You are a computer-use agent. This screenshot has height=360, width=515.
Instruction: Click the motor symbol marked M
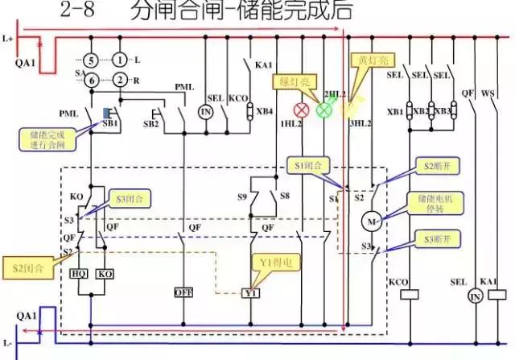pyautogui.click(x=372, y=219)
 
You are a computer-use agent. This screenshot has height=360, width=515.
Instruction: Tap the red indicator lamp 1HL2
pyautogui.click(x=304, y=110)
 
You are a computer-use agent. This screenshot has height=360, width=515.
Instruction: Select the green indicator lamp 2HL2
pyautogui.click(x=324, y=110)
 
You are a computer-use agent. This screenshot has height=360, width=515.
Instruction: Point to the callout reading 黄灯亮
pyautogui.click(x=371, y=60)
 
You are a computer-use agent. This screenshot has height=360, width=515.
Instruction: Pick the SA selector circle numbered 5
pyautogui.click(x=93, y=60)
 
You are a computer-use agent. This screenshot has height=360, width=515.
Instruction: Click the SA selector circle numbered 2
pyautogui.click(x=119, y=79)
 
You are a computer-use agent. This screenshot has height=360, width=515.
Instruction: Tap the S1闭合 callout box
pyautogui.click(x=309, y=166)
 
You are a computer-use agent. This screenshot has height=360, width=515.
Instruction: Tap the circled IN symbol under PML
pyautogui.click(x=205, y=111)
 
